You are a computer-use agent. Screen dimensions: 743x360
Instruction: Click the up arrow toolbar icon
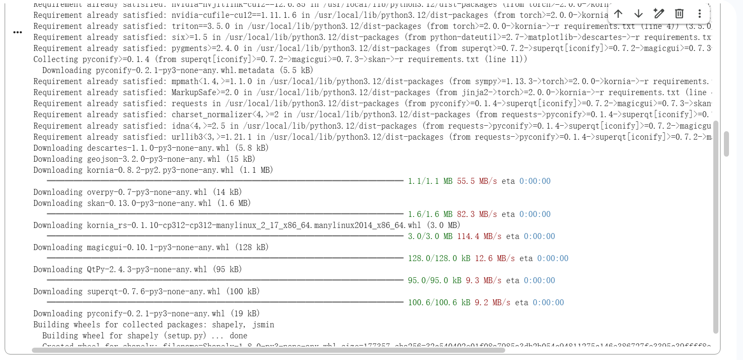618,14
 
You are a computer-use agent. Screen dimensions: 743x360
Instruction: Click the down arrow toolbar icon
639,14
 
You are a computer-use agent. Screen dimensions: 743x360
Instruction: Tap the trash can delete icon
679,14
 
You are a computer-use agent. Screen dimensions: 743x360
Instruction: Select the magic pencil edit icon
659,14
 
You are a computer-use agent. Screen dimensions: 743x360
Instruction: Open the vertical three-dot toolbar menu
699,14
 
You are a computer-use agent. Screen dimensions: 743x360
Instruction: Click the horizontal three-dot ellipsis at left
17,32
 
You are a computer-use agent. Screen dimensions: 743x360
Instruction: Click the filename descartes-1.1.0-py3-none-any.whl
158,148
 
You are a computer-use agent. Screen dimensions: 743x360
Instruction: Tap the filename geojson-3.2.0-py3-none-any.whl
154,159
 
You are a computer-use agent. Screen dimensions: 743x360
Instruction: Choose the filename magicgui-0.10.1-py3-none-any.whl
158,247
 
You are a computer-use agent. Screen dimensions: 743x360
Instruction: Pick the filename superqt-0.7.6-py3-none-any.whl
154,292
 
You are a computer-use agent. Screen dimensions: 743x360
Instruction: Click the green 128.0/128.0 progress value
432,259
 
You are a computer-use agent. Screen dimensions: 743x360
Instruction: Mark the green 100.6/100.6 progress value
432,303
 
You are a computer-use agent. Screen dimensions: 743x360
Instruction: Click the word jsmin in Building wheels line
263,325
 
